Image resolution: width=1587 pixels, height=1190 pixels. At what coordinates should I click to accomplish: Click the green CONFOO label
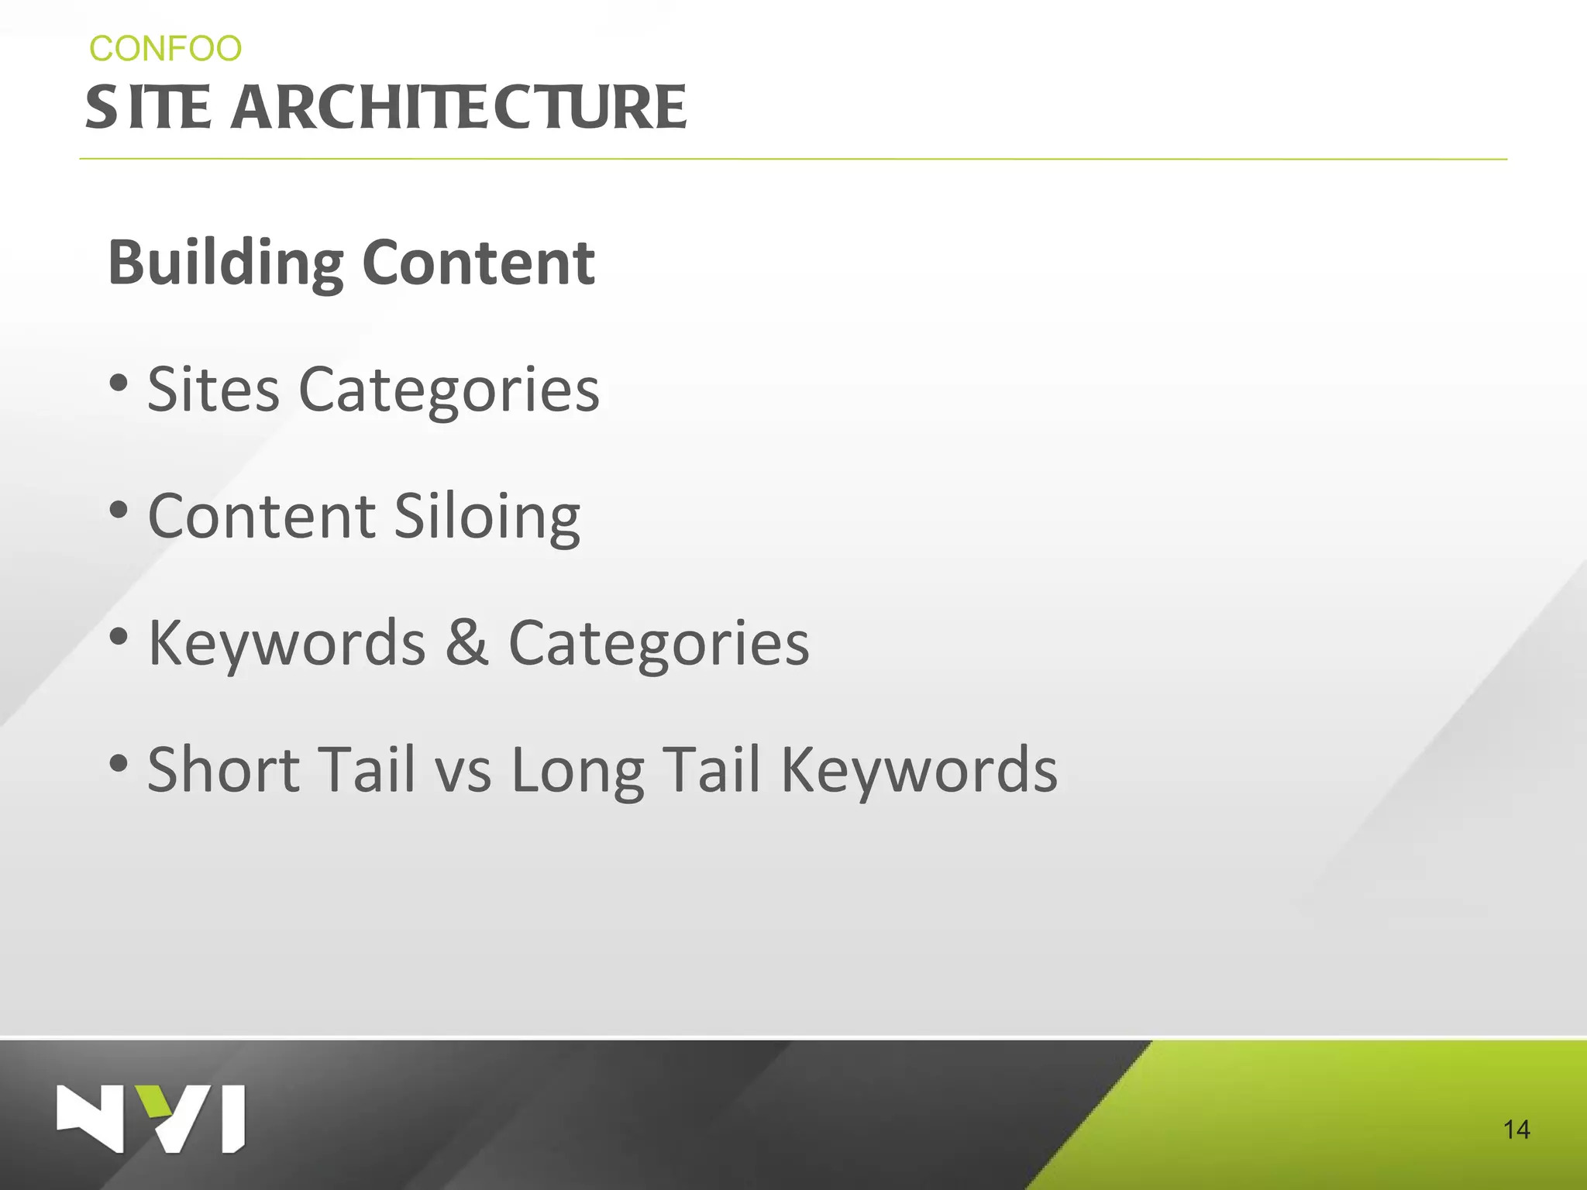coord(165,49)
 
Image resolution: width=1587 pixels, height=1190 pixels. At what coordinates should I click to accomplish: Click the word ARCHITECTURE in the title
coord(458,108)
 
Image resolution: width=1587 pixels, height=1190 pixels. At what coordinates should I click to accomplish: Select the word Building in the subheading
coord(225,263)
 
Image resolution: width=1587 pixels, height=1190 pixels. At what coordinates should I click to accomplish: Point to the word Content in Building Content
coord(478,263)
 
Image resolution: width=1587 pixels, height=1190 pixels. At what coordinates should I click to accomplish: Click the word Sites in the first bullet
coord(213,389)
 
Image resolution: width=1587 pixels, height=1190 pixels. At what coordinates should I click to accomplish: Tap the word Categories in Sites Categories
coord(449,390)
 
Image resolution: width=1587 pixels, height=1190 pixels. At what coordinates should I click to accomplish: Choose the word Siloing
coord(487,517)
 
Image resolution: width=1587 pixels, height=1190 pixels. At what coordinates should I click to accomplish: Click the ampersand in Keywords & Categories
coord(466,642)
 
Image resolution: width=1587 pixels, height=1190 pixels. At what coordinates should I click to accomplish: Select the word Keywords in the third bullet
coord(287,644)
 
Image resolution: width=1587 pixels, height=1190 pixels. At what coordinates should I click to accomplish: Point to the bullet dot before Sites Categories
coord(119,383)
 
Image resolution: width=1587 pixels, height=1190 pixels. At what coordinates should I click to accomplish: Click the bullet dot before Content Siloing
coord(119,510)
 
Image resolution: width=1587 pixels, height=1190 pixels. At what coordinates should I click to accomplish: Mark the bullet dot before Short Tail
coord(119,763)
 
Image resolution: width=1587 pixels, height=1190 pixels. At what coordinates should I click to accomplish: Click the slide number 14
coord(1516,1130)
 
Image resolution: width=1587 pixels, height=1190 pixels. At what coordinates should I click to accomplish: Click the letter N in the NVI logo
coord(90,1119)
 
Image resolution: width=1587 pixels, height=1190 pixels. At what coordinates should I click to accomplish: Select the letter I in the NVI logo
coord(233,1119)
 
